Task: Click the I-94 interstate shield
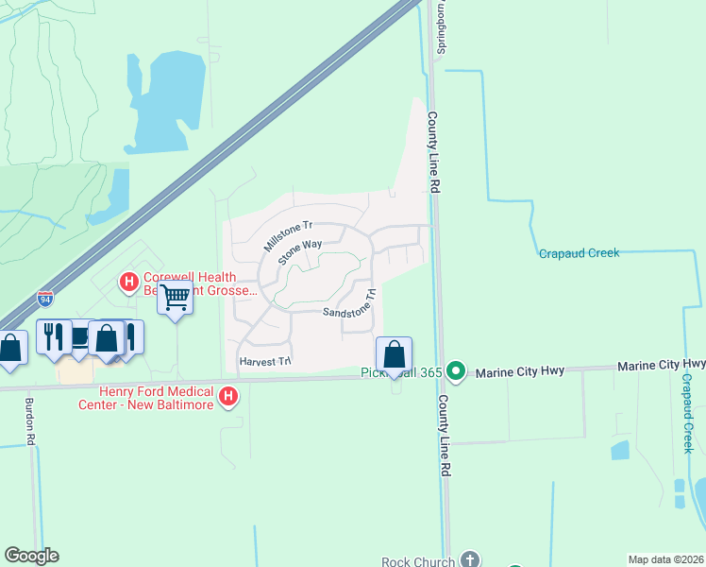[45, 299]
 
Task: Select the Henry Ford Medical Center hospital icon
[227, 398]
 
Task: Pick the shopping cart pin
[176, 299]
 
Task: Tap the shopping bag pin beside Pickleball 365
[395, 355]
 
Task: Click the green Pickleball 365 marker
[457, 371]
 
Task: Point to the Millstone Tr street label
[287, 236]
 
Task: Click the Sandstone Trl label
[350, 305]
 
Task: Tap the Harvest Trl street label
[265, 361]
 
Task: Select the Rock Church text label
[419, 561]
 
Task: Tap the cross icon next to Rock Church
[469, 559]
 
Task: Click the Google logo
[31, 556]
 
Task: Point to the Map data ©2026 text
[666, 559]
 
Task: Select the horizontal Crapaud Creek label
[579, 253]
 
